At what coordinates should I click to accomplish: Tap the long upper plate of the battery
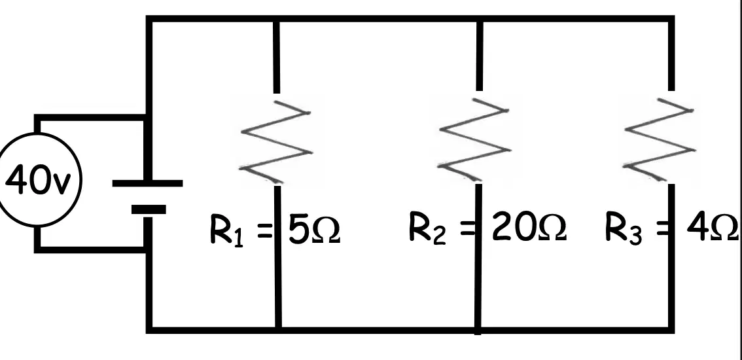point(147,183)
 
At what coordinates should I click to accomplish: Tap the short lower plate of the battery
point(149,209)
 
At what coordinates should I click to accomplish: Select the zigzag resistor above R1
point(276,141)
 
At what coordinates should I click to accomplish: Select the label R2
point(427,230)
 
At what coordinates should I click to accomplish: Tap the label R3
point(624,230)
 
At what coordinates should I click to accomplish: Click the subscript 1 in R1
point(238,238)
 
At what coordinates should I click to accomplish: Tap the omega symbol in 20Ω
point(552,228)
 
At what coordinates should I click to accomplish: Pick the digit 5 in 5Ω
point(299,230)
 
